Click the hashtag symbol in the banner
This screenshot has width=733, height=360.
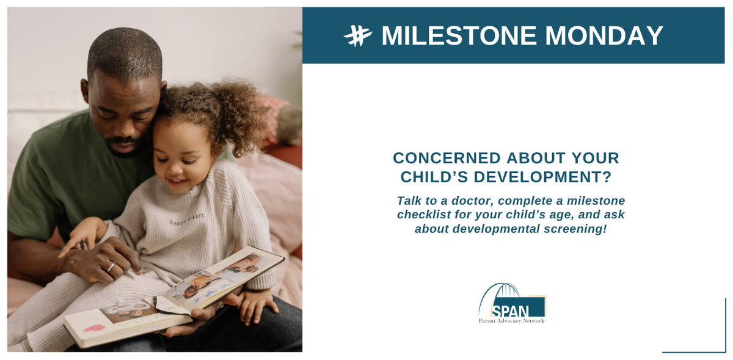357,36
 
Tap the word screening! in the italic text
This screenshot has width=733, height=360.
565,229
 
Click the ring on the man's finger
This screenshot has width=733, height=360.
111,266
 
